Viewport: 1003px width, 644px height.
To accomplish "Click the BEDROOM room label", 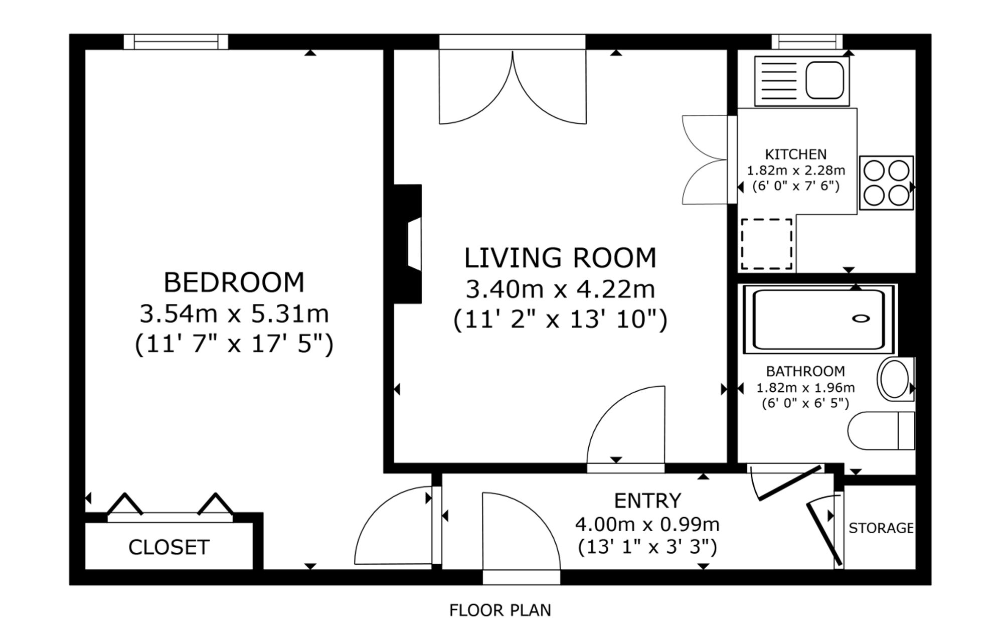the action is click(234, 282).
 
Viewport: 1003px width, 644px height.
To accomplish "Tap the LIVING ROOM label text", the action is click(560, 258).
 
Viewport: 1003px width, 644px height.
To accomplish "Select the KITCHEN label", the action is click(796, 154).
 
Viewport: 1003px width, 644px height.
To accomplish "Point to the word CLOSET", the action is click(169, 547).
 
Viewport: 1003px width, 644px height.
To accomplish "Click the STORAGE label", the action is click(881, 528).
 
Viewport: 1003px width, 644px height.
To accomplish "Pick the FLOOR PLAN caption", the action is click(500, 610).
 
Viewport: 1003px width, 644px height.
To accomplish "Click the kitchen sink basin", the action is click(824, 80).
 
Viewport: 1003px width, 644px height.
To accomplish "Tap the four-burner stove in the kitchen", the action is click(886, 183).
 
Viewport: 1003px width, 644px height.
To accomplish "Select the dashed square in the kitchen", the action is click(767, 244).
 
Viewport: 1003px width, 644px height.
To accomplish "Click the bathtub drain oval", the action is click(862, 318).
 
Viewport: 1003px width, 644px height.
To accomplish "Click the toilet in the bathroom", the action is click(881, 431).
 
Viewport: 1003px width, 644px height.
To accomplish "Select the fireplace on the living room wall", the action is click(408, 244).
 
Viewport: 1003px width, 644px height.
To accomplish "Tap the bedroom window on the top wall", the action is click(176, 42).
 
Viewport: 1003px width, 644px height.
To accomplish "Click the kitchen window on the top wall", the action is click(807, 42).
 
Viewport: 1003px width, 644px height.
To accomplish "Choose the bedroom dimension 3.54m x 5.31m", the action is click(234, 314).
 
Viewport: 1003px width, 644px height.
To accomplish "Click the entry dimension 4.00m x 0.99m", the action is click(647, 525).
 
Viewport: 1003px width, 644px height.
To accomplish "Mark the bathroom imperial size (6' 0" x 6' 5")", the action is click(805, 403).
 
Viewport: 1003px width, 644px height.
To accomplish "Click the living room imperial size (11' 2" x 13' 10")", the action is click(560, 319).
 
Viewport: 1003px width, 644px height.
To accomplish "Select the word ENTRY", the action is click(647, 501).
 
